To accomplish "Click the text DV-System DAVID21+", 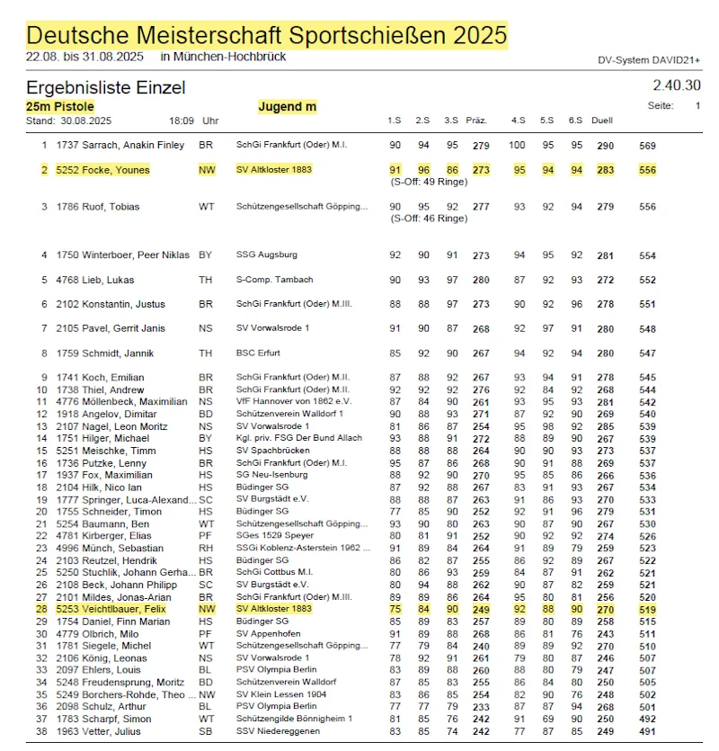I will (x=649, y=60).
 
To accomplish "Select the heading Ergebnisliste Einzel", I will (x=106, y=87).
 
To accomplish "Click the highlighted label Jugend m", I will (x=288, y=106).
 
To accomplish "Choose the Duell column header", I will (x=603, y=121).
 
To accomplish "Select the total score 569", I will (x=647, y=145).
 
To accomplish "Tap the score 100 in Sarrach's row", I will (x=518, y=145).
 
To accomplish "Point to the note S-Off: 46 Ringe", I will (x=429, y=218).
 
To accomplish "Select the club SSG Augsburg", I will (x=267, y=255).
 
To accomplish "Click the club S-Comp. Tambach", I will (x=274, y=280).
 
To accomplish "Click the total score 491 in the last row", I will (x=647, y=731).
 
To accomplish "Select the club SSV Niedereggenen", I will (x=278, y=731).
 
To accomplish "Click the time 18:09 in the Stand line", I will (x=181, y=121).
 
